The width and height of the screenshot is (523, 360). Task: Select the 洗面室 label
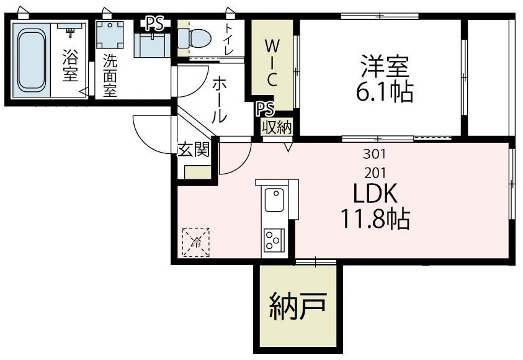(110, 76)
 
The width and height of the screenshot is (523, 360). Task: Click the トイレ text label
(230, 39)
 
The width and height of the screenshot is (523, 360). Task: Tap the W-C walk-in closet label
(271, 63)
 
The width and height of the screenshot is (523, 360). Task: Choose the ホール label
(218, 99)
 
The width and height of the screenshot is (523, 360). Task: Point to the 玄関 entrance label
(193, 150)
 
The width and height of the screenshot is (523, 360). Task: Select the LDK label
(374, 194)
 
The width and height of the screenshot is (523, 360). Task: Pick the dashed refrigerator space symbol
(195, 242)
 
